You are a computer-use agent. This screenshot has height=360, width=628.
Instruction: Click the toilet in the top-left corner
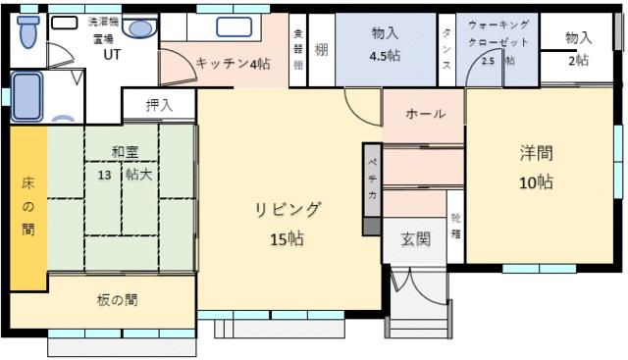pos(27,32)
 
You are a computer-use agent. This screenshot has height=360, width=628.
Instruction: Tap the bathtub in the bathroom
pos(26,95)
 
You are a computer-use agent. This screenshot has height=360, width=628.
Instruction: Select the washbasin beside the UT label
pos(139,28)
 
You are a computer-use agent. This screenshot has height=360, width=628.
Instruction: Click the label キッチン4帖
pos(233,64)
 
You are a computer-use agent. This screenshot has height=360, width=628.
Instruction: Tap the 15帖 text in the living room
pos(288,238)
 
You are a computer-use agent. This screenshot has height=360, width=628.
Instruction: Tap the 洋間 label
pos(536,153)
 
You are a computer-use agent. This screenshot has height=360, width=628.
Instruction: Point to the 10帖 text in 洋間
pos(536,182)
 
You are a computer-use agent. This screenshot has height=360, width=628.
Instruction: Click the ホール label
pos(425,114)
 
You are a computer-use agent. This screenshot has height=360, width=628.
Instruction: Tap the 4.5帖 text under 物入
pos(385,57)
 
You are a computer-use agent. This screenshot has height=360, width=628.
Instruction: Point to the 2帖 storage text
pos(578,60)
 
